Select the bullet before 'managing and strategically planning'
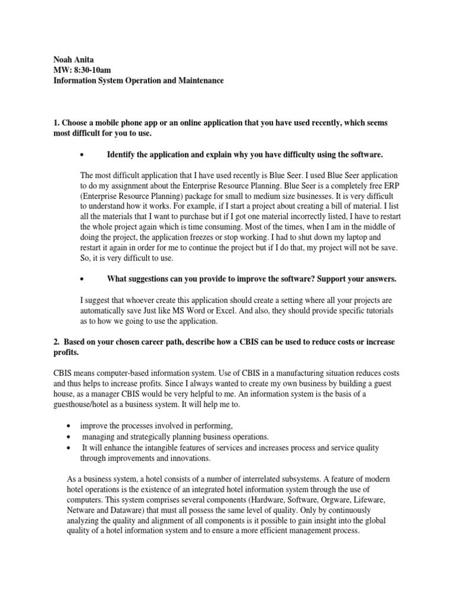69,437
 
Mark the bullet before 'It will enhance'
69,448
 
